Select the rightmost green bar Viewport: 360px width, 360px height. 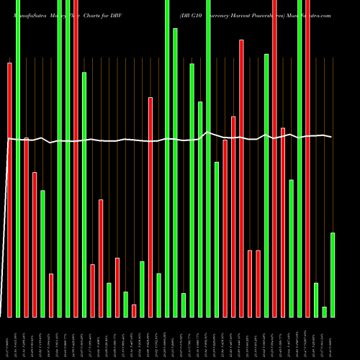point(333,274)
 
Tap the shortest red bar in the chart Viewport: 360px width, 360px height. point(134,310)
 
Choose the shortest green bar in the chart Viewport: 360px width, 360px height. point(324,312)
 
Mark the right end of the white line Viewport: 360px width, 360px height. point(331,136)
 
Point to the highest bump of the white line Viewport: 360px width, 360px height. point(208,132)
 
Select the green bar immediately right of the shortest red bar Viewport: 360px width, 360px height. point(142,289)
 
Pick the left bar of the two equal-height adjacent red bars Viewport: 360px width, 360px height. point(250,284)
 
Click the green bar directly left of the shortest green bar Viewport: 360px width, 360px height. point(316,300)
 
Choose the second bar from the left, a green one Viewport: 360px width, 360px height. point(17,158)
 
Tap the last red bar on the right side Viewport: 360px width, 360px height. point(307,158)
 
